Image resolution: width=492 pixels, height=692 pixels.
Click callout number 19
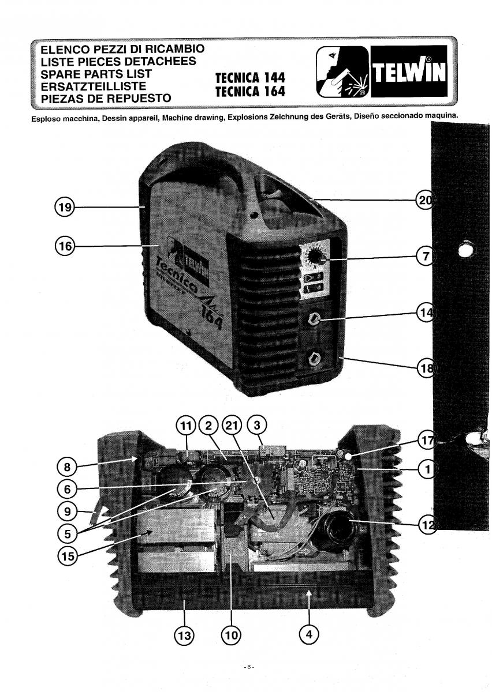point(65,207)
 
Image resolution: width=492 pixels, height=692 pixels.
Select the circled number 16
point(65,247)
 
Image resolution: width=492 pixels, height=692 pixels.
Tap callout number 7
point(426,257)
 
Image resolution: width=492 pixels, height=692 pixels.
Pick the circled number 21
point(231,427)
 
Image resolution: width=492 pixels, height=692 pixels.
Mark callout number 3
point(257,427)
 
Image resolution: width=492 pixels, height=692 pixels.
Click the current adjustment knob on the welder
point(315,257)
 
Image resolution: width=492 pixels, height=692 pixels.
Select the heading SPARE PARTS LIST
point(96,74)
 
